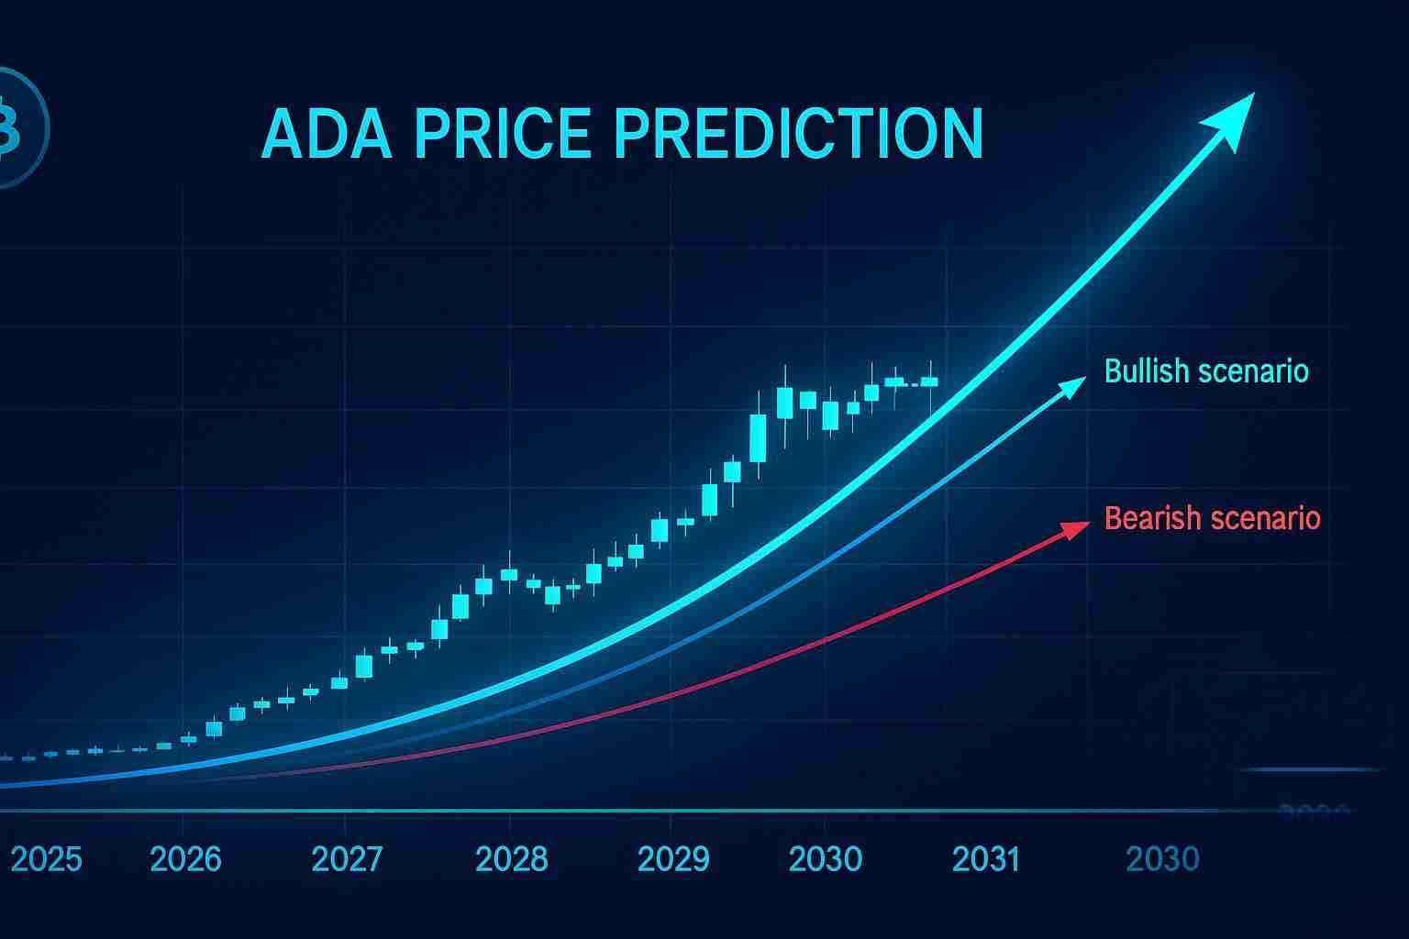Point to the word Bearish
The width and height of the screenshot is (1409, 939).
[1150, 518]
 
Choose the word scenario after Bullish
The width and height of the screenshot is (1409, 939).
[1257, 371]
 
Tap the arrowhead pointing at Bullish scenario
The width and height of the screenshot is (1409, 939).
[1072, 387]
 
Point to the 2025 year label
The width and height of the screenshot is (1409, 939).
[46, 859]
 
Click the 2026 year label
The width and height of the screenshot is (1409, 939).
[185, 859]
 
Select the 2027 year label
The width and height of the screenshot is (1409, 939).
[347, 859]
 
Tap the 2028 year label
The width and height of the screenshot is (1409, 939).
[511, 859]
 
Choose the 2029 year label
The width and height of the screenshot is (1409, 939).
[673, 859]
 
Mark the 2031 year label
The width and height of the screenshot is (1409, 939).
[986, 859]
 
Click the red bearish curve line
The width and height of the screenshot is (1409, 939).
[826, 639]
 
